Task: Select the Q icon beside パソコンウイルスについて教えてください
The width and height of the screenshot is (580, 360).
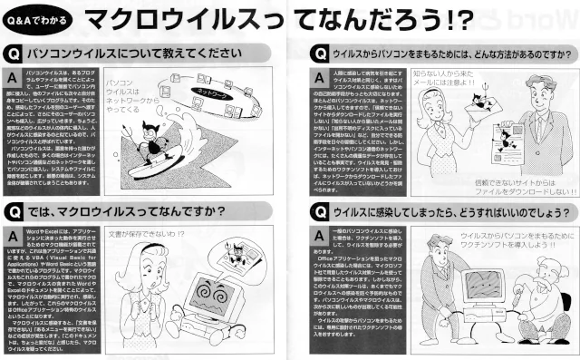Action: click(x=14, y=44)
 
